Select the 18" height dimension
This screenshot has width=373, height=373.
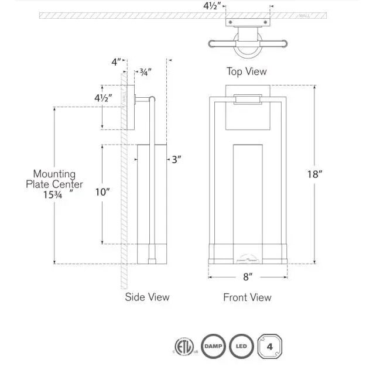point(314,174)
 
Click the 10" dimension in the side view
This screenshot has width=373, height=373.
point(102,192)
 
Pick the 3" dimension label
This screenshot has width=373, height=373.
point(176,159)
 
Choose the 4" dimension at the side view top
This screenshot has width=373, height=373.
point(117,61)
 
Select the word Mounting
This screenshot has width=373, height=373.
point(54,174)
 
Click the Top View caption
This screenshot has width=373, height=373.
point(247,71)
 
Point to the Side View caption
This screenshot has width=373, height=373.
point(147,297)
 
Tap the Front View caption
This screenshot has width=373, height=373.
point(247,297)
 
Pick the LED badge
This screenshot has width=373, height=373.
point(240,344)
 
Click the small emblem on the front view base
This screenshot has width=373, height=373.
point(247,256)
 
